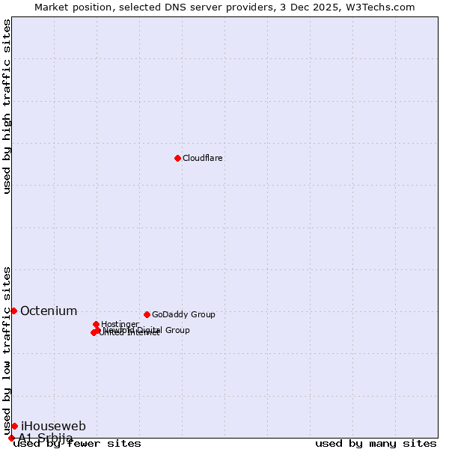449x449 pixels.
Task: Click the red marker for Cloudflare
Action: coord(177,158)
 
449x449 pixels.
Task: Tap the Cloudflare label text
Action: coord(203,159)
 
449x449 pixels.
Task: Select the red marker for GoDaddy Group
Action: coord(147,314)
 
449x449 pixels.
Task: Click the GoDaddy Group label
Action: coord(183,315)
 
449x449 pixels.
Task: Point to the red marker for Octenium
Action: coord(13,311)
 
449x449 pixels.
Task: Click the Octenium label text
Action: coord(49,311)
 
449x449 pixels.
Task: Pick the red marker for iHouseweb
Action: coord(14,426)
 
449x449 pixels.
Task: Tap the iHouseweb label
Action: coord(53,427)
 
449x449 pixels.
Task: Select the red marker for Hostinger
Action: coord(96,324)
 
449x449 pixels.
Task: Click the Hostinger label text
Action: coord(120,324)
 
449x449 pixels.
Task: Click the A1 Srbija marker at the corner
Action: coord(11,438)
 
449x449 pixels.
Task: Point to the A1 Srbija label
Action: coord(46,438)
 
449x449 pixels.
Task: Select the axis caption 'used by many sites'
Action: coord(376,444)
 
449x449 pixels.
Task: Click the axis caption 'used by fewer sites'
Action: coord(78,444)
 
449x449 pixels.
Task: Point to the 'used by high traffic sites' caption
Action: coord(7,106)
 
